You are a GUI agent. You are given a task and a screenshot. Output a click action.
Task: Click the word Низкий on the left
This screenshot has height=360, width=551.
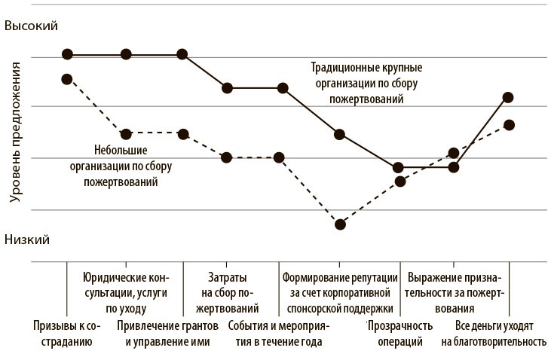[x=27, y=239]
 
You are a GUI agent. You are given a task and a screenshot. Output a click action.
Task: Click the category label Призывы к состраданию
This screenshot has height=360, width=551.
[x=66, y=334]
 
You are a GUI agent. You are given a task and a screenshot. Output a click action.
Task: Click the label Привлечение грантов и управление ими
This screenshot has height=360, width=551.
[x=168, y=334]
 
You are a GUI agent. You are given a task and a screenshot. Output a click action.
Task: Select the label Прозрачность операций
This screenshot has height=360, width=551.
[x=400, y=334]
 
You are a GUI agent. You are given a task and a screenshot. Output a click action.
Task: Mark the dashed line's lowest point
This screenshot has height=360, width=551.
[x=340, y=224]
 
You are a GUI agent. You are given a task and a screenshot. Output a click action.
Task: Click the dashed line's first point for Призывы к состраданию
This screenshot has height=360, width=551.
[x=67, y=79]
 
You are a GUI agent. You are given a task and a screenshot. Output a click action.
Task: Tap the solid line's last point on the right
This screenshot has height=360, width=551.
[x=508, y=97]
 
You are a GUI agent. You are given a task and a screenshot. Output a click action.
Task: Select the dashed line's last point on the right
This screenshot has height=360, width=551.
[x=509, y=125]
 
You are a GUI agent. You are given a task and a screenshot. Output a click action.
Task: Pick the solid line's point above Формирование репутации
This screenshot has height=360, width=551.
[x=340, y=134]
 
